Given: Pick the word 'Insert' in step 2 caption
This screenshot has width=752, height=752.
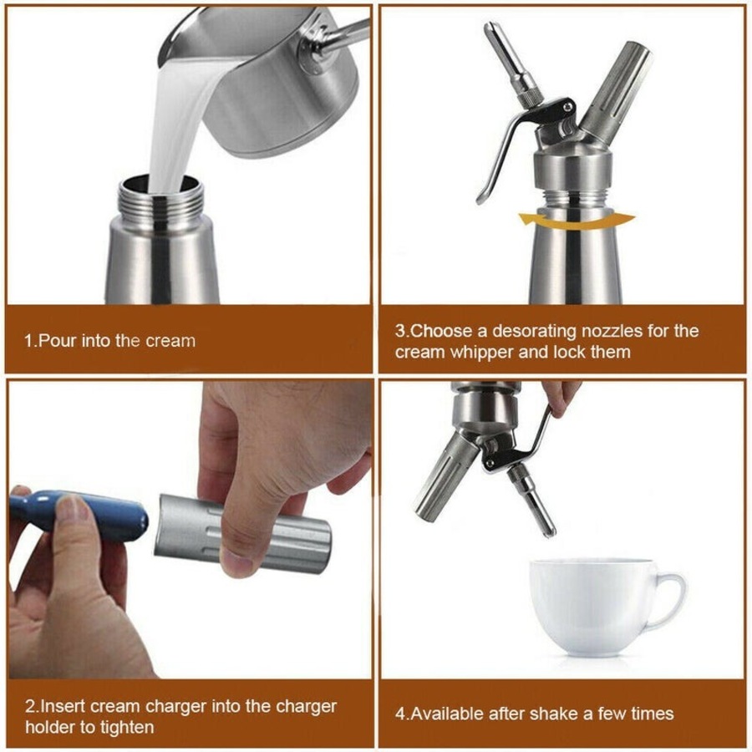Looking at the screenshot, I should point(64,706).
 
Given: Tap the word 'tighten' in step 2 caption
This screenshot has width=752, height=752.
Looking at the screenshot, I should point(124,727).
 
